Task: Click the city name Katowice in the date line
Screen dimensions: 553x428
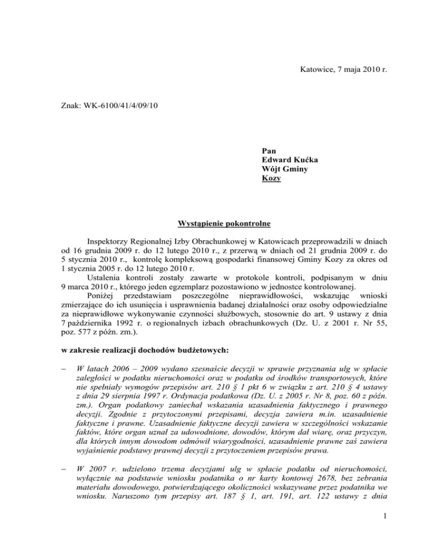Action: click(317, 70)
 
